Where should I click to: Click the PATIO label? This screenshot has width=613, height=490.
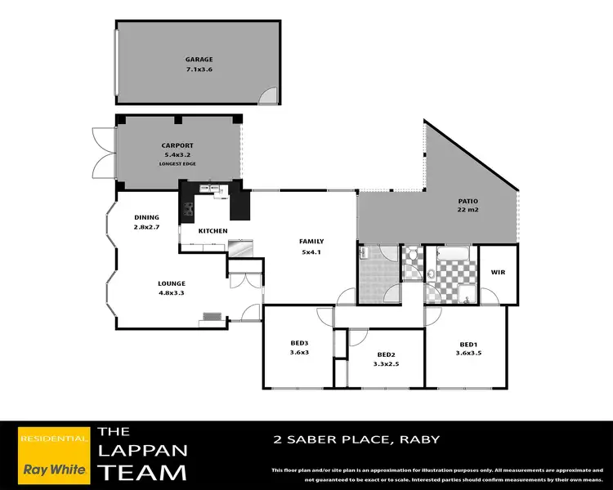click(x=468, y=202)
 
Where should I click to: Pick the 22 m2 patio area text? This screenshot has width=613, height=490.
click(x=468, y=211)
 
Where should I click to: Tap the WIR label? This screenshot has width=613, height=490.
click(x=497, y=272)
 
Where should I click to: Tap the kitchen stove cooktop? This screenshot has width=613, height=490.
click(x=187, y=211)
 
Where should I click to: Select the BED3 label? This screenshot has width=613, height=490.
click(x=298, y=343)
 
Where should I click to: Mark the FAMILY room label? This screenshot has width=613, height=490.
click(x=311, y=242)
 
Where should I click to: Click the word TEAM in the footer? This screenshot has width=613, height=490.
click(x=142, y=471)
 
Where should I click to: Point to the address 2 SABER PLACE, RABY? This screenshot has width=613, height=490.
click(x=356, y=439)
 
